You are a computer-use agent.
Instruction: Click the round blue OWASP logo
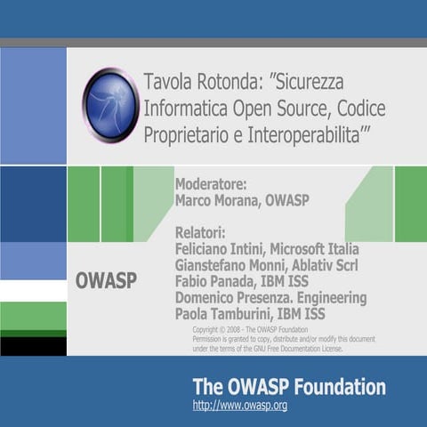[x=110, y=105]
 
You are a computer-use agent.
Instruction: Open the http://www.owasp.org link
[x=239, y=406]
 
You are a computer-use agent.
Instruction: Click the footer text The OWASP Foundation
[x=289, y=387]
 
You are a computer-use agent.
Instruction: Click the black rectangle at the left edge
[x=33, y=346]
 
